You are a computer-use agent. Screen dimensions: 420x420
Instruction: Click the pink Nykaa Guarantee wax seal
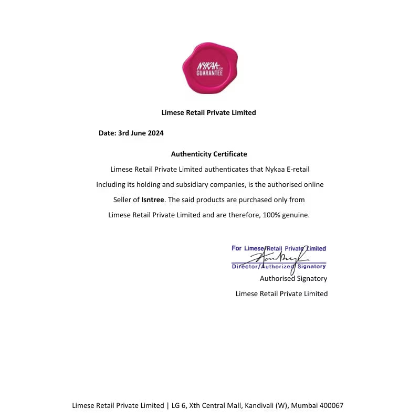(x=209, y=68)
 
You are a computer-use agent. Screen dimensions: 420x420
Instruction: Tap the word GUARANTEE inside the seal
(x=209, y=73)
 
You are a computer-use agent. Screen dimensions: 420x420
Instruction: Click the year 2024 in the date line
(x=155, y=133)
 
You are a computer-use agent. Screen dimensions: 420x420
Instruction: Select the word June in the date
(x=138, y=133)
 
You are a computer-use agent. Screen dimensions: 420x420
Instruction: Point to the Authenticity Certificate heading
(x=209, y=154)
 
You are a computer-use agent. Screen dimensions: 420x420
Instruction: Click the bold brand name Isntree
(x=153, y=199)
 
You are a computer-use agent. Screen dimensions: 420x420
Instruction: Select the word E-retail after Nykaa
(x=299, y=170)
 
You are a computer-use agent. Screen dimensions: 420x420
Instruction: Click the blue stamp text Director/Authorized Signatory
(x=279, y=266)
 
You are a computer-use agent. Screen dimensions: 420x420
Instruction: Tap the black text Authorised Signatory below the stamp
(x=293, y=279)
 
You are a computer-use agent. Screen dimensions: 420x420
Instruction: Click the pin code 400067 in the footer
(x=331, y=406)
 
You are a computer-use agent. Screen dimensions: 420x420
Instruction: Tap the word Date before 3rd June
(x=107, y=133)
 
